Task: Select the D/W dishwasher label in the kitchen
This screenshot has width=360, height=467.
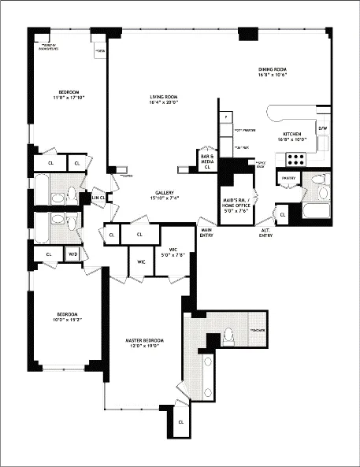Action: [322, 128]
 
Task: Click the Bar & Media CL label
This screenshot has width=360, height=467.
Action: [208, 160]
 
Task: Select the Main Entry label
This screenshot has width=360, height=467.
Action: [206, 232]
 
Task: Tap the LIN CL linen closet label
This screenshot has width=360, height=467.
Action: [97, 197]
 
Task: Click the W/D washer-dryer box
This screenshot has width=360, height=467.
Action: [72, 254]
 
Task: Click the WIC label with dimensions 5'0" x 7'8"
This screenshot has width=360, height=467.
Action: [171, 253]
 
